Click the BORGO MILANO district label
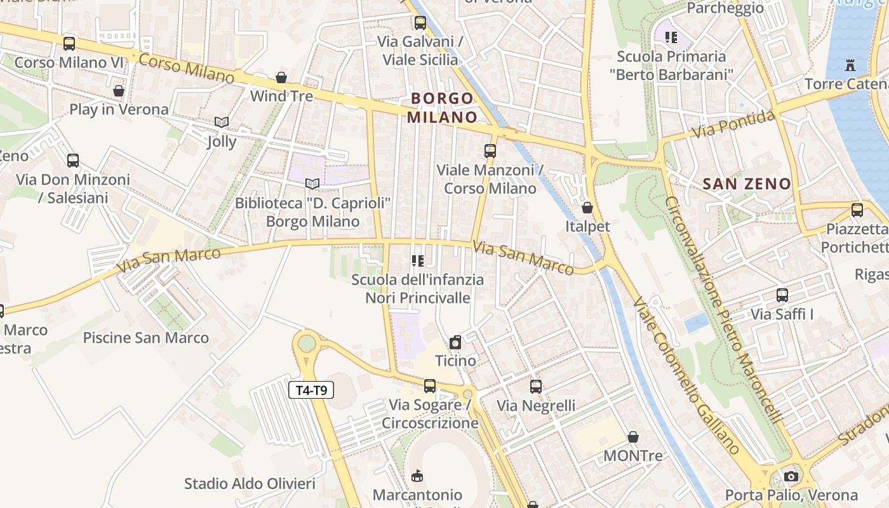(x=442, y=108)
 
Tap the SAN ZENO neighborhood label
(x=747, y=184)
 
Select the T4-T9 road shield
(x=311, y=390)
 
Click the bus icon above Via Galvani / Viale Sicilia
(x=420, y=23)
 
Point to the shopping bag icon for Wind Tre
(x=281, y=77)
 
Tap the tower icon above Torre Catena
(x=850, y=64)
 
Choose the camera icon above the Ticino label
(x=455, y=343)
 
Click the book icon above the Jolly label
(x=221, y=122)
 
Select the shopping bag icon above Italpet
(x=587, y=208)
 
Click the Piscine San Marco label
(x=146, y=338)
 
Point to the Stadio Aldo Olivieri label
(x=250, y=484)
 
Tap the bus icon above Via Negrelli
(x=536, y=386)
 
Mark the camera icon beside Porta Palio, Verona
(x=791, y=476)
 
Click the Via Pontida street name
(x=733, y=124)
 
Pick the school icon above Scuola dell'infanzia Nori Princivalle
(x=417, y=260)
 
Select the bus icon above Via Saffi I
(x=782, y=295)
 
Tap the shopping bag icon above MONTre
(x=633, y=437)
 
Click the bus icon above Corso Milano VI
(x=69, y=43)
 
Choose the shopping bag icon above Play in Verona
(x=119, y=91)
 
